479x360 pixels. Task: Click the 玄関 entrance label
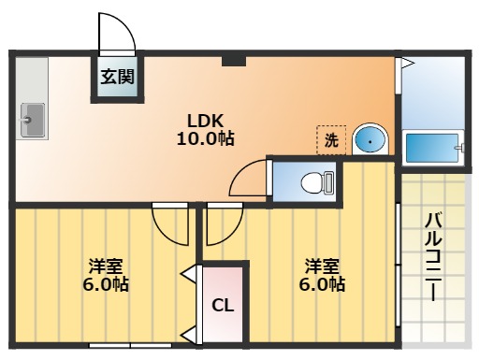[116, 78]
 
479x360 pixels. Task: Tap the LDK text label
[205, 121]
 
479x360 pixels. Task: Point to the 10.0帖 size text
[206, 138]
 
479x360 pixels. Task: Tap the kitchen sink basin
[34, 119]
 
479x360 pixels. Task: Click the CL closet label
[222, 305]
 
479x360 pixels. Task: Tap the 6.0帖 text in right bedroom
[318, 284]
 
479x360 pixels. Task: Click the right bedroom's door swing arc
[225, 224]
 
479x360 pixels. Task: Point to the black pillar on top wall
[234, 61]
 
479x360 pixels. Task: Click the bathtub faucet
[457, 147]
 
